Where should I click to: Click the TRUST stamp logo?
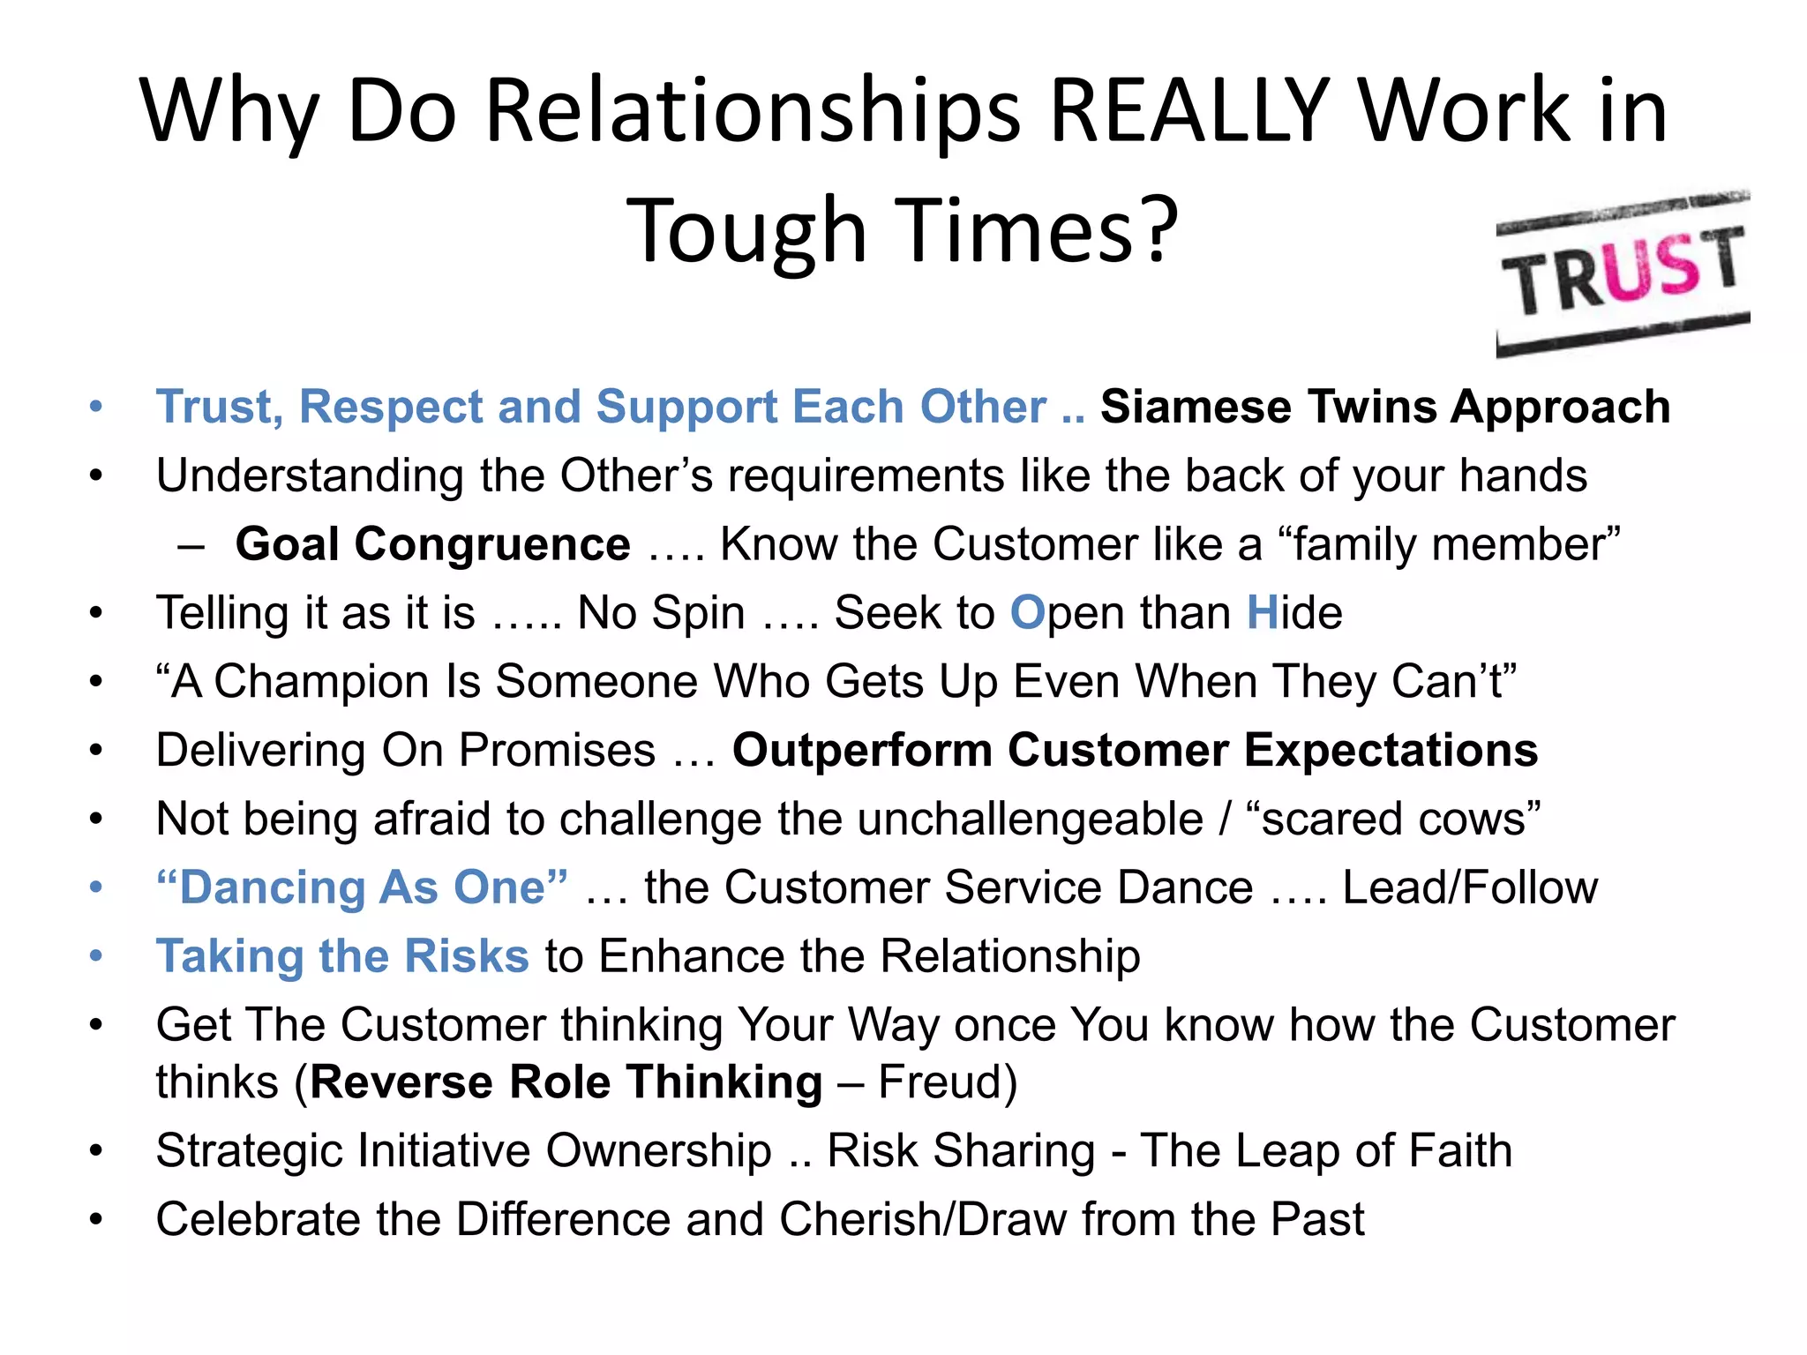[x=1623, y=273]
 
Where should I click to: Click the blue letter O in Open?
[x=1027, y=613]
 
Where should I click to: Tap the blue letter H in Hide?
[x=1263, y=613]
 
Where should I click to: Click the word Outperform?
[x=862, y=751]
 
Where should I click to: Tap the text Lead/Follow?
[x=1470, y=888]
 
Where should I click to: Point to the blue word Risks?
[x=466, y=957]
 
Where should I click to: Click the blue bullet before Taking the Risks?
[x=96, y=957]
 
